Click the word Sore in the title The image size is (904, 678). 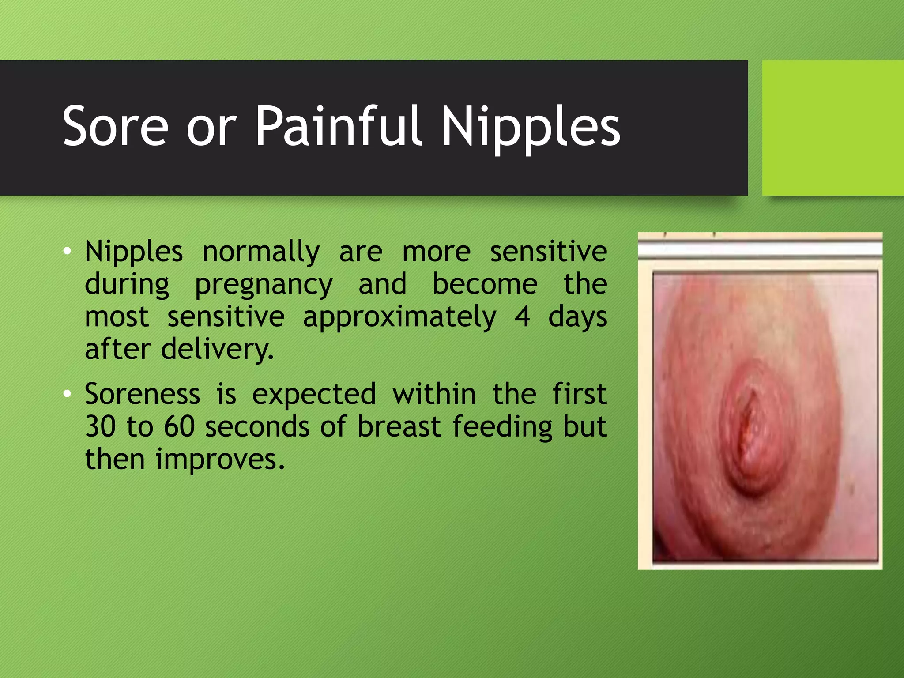115,127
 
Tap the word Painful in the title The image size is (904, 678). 339,127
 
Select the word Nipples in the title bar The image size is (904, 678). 531,128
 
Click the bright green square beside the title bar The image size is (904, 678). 832,128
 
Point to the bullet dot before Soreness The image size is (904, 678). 67,393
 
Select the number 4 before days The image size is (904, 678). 522,316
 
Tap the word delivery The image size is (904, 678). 217,349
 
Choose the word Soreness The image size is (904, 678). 142,394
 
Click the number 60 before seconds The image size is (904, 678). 179,426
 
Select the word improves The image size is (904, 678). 220,460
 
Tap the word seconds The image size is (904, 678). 257,426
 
